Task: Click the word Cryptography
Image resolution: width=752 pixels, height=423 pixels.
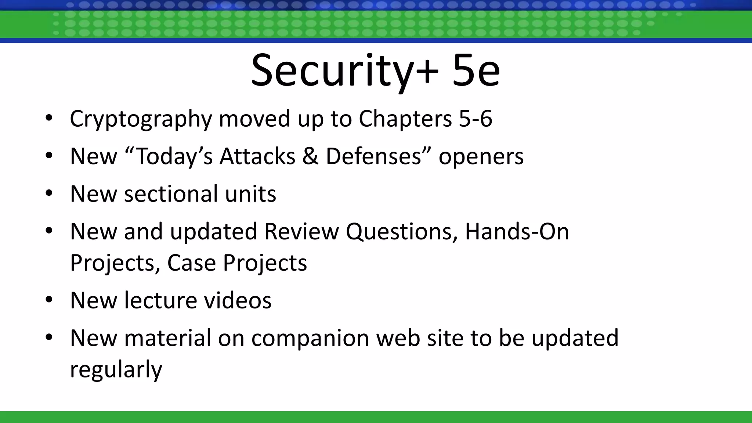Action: click(x=141, y=119)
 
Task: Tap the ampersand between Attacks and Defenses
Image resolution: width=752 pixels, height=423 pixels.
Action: click(x=310, y=156)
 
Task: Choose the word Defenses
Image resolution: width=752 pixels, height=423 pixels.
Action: click(x=373, y=156)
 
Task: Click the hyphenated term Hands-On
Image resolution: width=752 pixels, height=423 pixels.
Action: click(x=517, y=231)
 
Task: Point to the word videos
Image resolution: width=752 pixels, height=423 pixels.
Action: click(x=238, y=300)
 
